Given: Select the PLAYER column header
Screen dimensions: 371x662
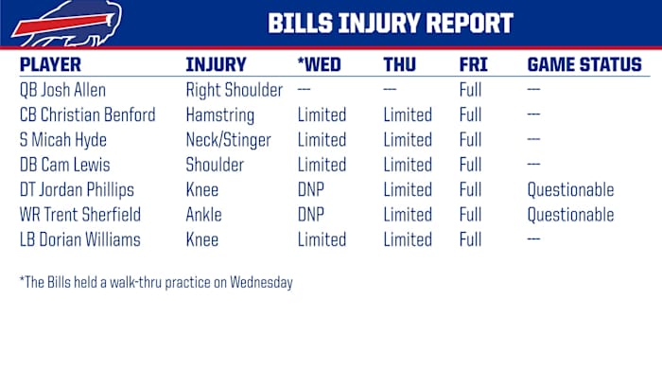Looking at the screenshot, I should tap(50, 65).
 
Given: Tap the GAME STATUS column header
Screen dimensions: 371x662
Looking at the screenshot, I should tap(584, 65).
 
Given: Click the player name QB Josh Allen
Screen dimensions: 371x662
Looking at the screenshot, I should tap(63, 91).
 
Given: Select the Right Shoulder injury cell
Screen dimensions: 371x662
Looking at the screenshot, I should tap(234, 91).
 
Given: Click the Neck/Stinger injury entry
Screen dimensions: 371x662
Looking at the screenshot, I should tap(228, 140).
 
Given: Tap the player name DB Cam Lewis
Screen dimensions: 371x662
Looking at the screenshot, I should tap(65, 165).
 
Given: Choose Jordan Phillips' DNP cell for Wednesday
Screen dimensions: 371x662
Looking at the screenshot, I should tap(312, 190).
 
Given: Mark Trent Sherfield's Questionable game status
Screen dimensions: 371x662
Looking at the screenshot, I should tap(570, 215).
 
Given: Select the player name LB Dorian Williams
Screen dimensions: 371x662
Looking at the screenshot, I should tap(79, 239).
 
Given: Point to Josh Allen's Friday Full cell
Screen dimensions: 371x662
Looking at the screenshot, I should tap(471, 91).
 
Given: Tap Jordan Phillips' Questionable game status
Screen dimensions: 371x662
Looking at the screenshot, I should tap(570, 190).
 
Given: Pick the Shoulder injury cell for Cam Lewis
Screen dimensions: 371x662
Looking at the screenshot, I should tap(217, 165).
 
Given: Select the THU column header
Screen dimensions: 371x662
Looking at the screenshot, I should tap(399, 65).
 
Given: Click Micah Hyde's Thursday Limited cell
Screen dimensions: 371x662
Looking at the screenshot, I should tap(408, 140).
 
